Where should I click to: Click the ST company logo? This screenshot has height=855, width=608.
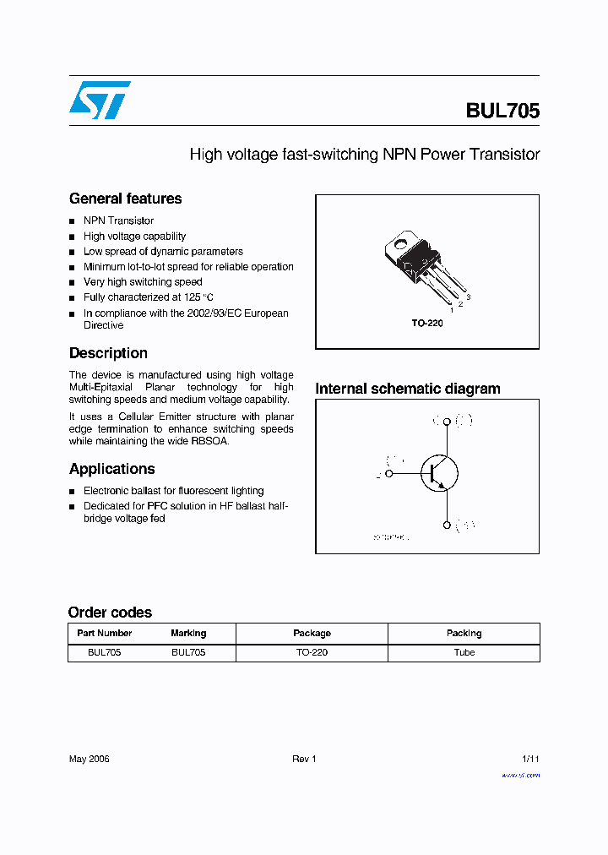pos(100,100)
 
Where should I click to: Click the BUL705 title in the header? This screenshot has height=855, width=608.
pos(502,111)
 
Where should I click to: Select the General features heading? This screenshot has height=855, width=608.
pos(125,199)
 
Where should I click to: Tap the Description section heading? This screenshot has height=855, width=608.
pos(108,353)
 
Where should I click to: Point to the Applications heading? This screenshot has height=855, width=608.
pos(111,469)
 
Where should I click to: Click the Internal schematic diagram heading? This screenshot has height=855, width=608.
pos(408,389)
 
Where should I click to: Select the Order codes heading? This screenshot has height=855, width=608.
pos(110,613)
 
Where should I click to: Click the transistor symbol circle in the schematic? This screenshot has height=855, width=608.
pos(439,474)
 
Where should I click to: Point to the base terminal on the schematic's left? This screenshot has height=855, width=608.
pos(389,474)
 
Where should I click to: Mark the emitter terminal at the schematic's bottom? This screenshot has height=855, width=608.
pos(446,526)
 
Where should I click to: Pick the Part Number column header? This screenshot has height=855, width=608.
pos(104,633)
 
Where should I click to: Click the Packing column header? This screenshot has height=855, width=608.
pos(464,633)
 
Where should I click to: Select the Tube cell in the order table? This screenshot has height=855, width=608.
pos(464,652)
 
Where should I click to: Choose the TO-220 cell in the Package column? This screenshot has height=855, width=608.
pos(312,652)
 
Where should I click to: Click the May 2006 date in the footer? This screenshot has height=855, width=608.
pos(89,759)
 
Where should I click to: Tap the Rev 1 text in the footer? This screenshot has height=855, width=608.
pos(304,759)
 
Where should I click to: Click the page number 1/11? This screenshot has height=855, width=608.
pos(530,759)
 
